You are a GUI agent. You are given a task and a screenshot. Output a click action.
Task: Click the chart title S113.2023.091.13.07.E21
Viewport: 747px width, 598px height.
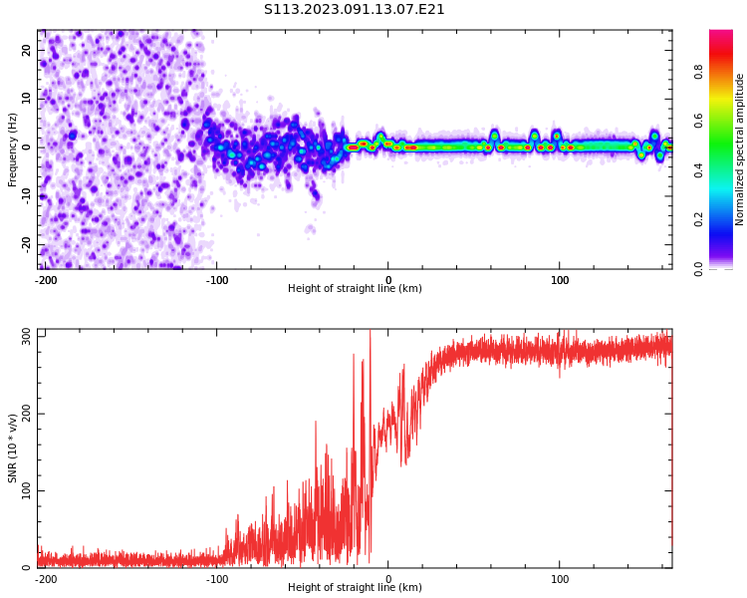coord(355,10)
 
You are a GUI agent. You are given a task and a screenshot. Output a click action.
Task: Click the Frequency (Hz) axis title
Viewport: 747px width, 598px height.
coord(13,149)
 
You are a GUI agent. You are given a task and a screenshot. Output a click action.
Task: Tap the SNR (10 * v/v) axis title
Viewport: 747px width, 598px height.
coord(13,448)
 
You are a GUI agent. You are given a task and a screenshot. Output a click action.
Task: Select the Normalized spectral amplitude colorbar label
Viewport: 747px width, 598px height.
coord(740,149)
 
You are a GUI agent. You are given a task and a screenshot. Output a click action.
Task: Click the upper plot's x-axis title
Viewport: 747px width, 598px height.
coord(355,289)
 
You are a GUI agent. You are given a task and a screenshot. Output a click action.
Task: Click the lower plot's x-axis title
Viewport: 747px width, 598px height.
coord(355,588)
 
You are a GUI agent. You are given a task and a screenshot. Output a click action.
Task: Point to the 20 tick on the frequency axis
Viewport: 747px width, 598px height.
coord(27,50)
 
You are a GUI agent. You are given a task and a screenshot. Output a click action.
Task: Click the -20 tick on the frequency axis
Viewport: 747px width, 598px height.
coord(25,243)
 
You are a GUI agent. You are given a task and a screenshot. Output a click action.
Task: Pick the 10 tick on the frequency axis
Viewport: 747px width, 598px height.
coord(27,98)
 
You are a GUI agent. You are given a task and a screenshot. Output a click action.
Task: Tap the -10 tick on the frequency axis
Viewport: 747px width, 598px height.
coord(25,195)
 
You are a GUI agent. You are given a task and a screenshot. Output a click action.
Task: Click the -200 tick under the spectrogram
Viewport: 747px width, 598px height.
coord(46,280)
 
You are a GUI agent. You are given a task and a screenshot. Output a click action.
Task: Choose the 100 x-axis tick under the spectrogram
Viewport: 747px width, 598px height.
coord(561,280)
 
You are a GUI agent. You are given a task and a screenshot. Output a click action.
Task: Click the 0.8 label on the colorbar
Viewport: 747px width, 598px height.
coord(699,72)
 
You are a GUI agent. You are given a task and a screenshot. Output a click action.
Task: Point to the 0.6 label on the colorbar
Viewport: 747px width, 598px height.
coord(699,121)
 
